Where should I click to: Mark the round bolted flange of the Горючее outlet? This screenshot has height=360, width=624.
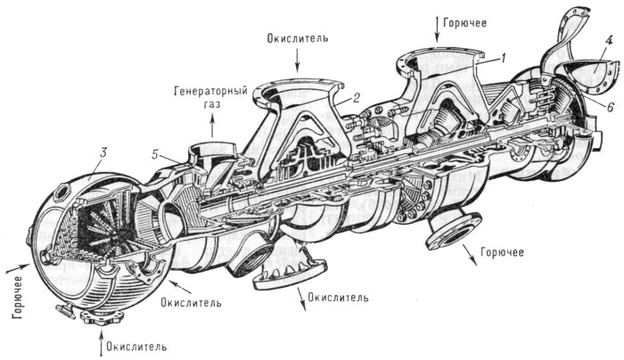point(451,233)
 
